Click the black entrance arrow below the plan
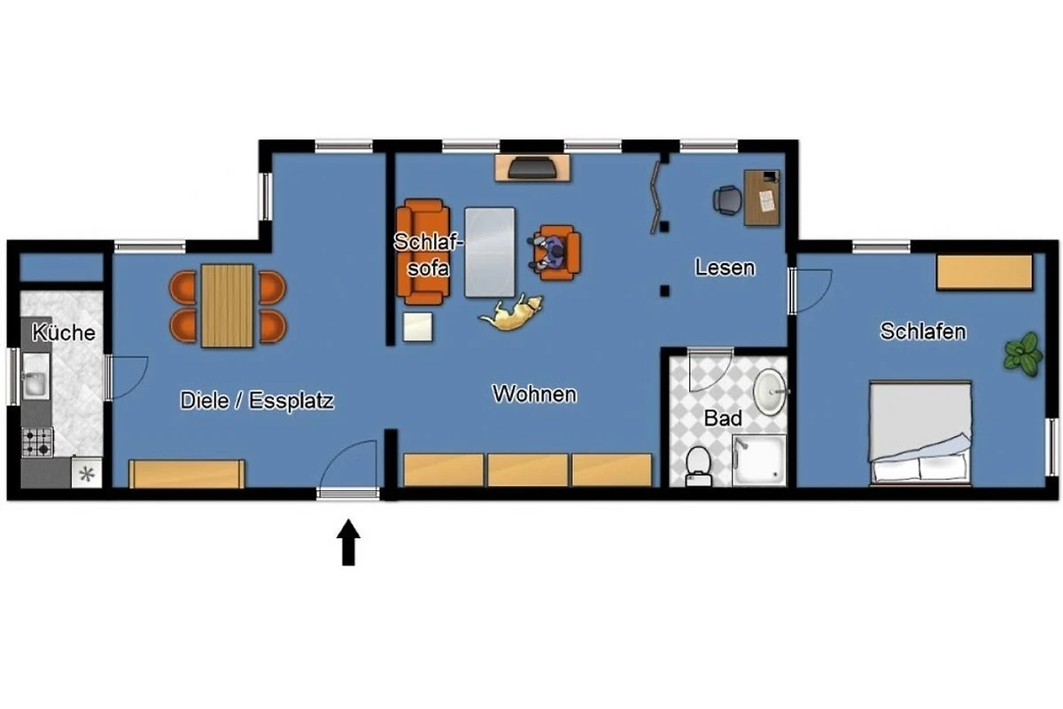[348, 542]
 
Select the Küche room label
[64, 332]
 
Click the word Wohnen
[534, 393]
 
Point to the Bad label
[723, 418]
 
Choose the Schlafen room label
[923, 331]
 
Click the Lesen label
[725, 268]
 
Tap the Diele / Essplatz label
[257, 401]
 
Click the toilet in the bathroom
[699, 466]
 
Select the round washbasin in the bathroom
[770, 393]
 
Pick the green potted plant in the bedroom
[1023, 354]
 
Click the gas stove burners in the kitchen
[37, 441]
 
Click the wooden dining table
[227, 306]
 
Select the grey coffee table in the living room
[489, 253]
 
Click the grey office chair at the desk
[727, 200]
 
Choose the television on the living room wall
[532, 168]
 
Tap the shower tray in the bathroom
[759, 460]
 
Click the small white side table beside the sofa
[417, 327]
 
